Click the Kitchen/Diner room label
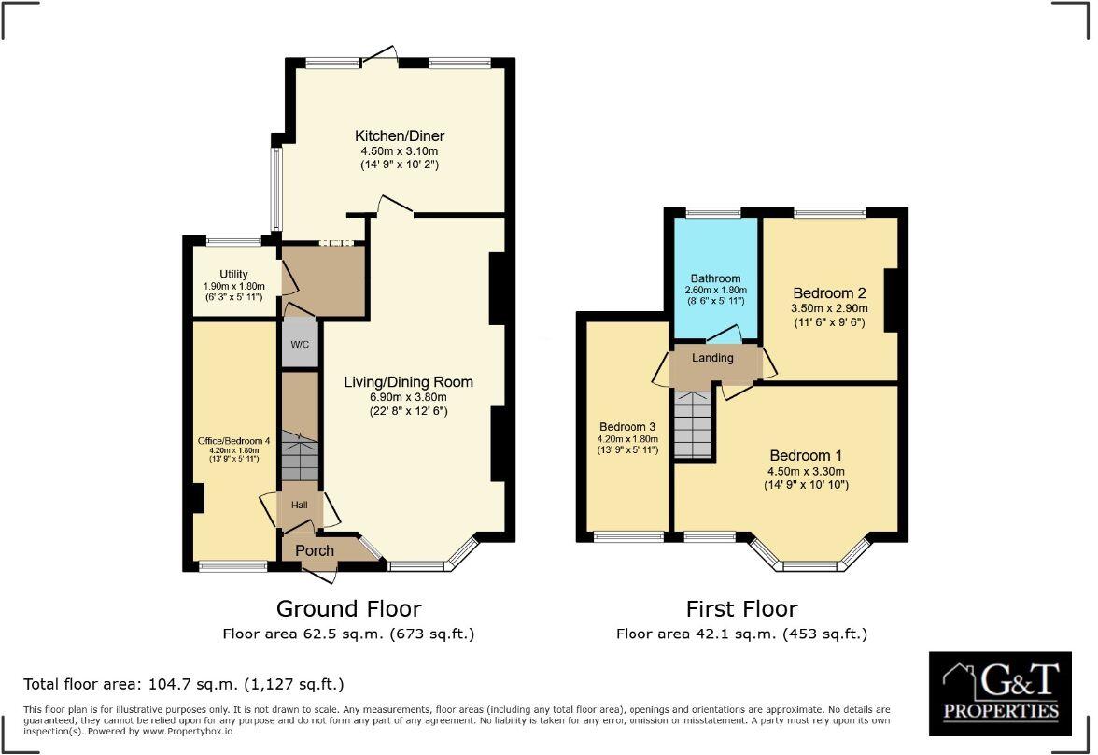(400, 135)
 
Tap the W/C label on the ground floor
(300, 345)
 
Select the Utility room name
(233, 274)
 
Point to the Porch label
(315, 550)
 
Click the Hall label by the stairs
(299, 505)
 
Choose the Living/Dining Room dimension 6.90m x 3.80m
(408, 397)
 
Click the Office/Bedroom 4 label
(233, 441)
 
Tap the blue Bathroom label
(715, 278)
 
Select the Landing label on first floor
(712, 358)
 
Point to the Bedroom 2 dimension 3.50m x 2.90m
(829, 308)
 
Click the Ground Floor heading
(348, 609)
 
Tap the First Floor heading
(741, 609)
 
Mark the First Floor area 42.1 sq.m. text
(741, 634)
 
